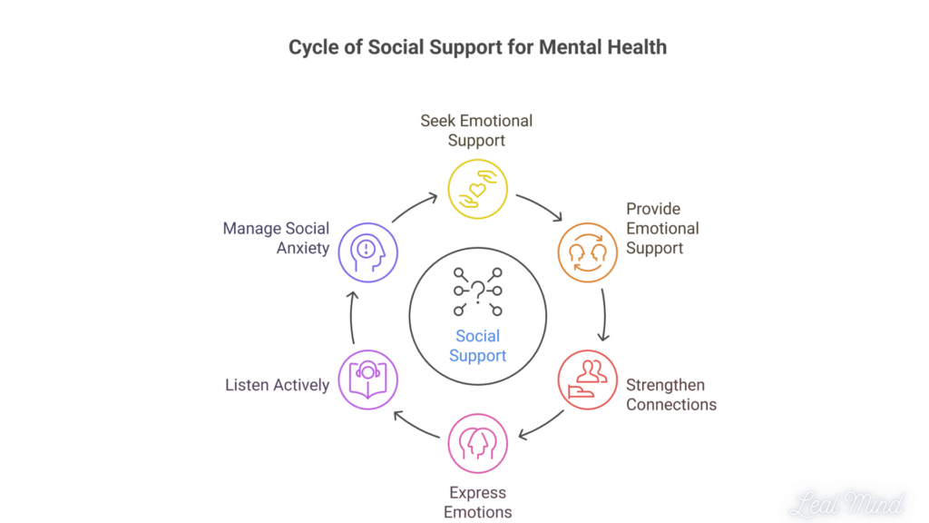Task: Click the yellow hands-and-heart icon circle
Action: tap(477, 189)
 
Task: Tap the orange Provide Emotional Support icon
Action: tap(586, 252)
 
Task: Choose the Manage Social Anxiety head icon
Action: tap(368, 252)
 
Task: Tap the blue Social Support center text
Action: tap(477, 345)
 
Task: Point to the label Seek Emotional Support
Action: tap(476, 130)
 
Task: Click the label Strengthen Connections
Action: tap(670, 395)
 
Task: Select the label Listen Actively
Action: tap(277, 385)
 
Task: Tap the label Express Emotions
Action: tap(477, 502)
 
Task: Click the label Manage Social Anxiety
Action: tap(276, 238)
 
